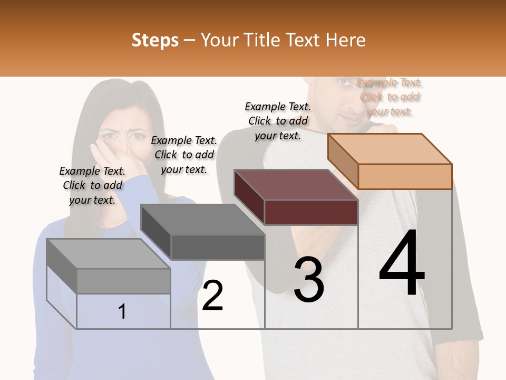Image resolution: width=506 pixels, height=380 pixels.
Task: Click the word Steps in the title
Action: click(x=155, y=40)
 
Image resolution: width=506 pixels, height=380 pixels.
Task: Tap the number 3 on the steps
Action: click(x=309, y=280)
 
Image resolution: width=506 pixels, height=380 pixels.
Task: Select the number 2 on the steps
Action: click(x=213, y=296)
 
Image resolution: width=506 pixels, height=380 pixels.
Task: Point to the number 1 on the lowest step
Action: click(x=122, y=312)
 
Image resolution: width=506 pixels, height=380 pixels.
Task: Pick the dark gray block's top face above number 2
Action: click(x=203, y=219)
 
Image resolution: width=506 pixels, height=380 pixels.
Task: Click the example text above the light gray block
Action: click(x=92, y=185)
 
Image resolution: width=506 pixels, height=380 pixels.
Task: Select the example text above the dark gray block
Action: click(x=184, y=155)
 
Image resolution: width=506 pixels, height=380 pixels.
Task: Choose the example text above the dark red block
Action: click(x=278, y=121)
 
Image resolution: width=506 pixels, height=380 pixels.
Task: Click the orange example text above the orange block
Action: click(x=390, y=97)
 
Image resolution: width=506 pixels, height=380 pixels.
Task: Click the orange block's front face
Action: click(x=405, y=176)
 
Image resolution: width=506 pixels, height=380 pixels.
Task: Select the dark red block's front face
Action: click(x=311, y=213)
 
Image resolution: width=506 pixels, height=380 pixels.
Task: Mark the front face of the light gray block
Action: click(x=123, y=281)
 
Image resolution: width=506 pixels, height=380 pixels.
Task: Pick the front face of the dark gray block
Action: click(x=218, y=247)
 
